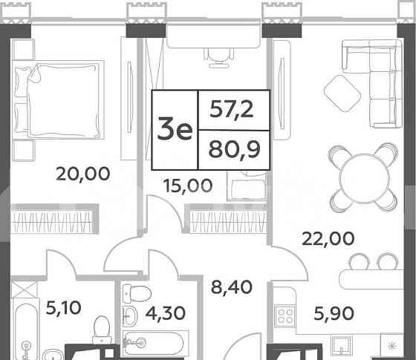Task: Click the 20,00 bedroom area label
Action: click(x=83, y=174)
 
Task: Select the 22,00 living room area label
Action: click(x=327, y=239)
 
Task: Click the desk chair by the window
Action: click(x=220, y=53)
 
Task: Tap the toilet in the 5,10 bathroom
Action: click(x=99, y=331)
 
